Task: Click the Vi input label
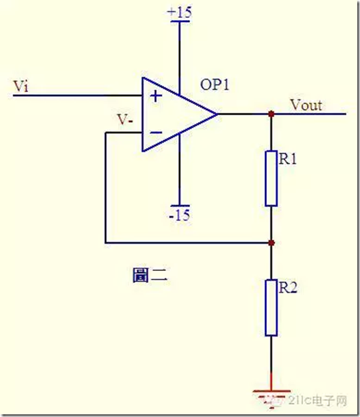pos(21,86)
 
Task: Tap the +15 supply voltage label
pos(179,12)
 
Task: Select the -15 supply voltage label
pos(179,215)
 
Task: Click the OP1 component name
pos(215,85)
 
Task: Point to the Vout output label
pos(306,105)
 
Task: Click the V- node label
pos(126,120)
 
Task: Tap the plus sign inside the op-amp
pos(156,96)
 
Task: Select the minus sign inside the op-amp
pos(156,132)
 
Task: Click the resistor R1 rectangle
pos(271,179)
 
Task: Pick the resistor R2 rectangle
pos(271,307)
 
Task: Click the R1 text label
pos(288,159)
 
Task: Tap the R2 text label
pos(288,288)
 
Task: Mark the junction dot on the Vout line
pos(271,114)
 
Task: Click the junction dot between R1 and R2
pos(271,243)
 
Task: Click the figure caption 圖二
pos(150,276)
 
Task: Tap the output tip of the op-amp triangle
pos(217,114)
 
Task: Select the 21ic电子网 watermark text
pos(317,401)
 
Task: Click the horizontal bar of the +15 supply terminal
pos(180,21)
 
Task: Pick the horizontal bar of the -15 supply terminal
pos(180,206)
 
